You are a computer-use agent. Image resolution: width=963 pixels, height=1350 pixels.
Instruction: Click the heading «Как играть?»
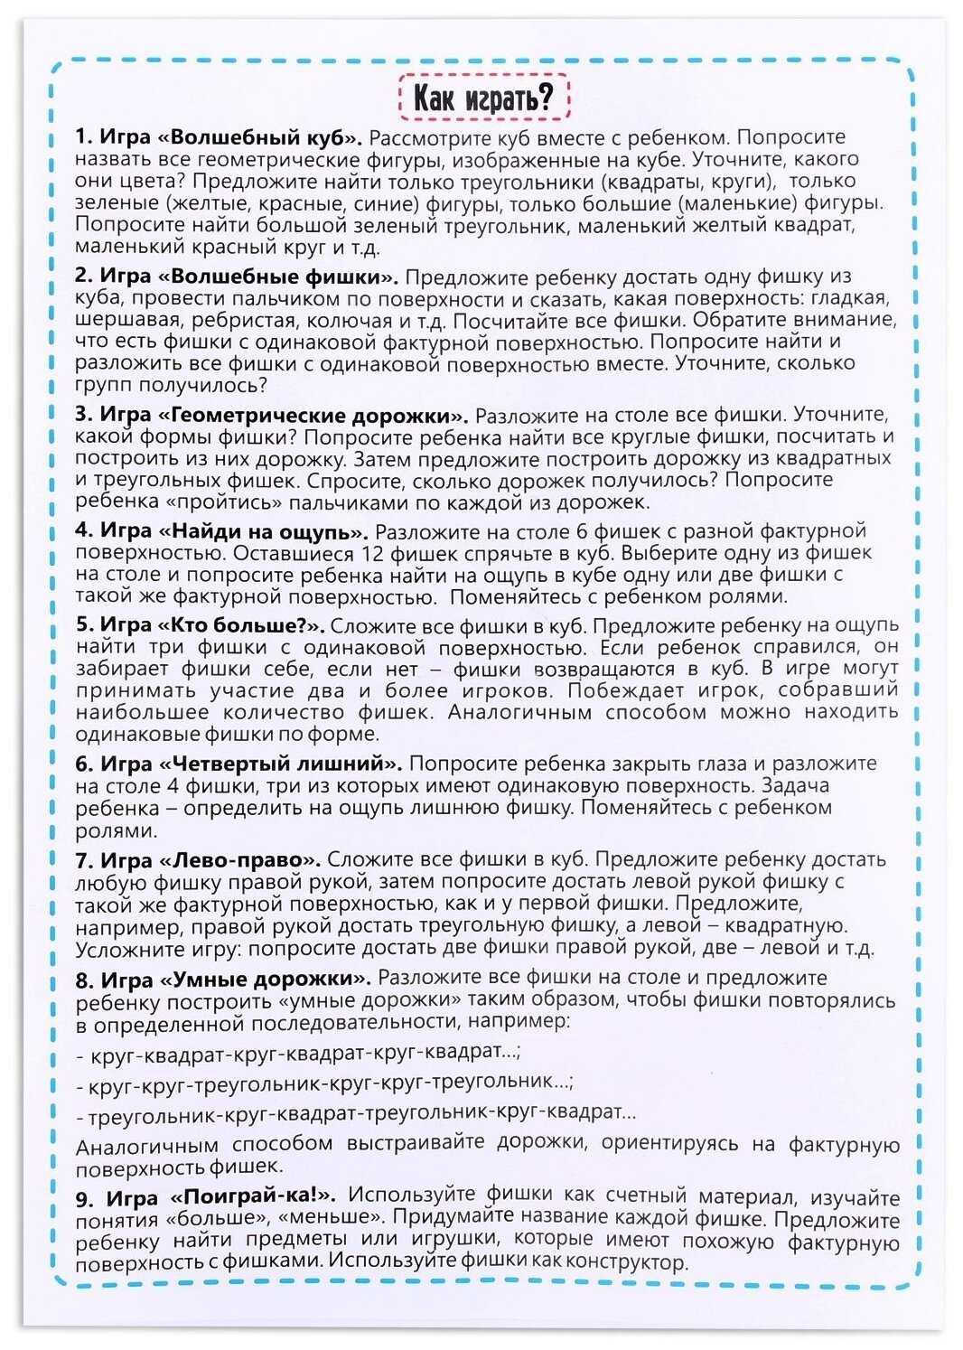[x=483, y=98]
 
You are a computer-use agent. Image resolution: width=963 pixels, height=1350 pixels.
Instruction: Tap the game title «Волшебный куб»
[x=262, y=138]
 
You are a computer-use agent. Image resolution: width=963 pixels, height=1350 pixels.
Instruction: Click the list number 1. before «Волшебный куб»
[x=84, y=138]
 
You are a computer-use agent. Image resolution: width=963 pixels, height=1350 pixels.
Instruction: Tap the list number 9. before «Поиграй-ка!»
[x=85, y=1199]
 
